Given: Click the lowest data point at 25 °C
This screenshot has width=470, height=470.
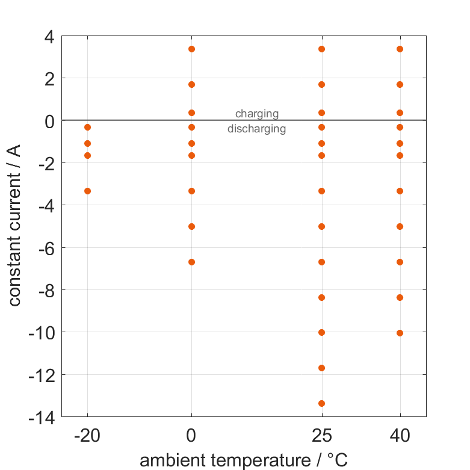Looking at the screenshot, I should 321,403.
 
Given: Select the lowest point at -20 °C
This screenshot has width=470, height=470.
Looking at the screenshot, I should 87,191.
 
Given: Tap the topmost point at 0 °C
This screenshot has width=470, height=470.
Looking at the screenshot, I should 191,49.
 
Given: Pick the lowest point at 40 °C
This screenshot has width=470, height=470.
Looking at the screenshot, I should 400,333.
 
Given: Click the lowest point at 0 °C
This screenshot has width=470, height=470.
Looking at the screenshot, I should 191,262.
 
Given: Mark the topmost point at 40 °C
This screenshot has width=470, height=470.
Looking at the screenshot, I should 400,49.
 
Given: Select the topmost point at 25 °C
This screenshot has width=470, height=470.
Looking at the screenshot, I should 321,49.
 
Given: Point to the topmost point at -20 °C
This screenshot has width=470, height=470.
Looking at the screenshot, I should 87,127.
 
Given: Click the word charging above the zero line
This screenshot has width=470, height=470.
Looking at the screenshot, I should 256,113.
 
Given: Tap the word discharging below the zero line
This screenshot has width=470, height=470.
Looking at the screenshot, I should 256,128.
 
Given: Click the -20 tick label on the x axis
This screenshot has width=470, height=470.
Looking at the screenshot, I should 87,435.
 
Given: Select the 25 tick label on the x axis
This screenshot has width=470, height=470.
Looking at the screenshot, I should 321,435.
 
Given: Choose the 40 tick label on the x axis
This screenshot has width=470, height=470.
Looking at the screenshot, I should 400,435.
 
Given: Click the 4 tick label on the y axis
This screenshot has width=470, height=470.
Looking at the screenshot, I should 49,37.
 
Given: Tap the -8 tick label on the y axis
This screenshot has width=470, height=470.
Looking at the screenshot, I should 45,290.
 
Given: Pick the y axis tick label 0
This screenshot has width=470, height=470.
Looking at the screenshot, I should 49,121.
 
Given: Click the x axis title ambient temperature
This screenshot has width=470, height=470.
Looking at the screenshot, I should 244,460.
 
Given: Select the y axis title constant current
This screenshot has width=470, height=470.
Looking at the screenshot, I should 15,226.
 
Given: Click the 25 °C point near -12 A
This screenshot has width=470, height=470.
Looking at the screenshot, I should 321,368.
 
